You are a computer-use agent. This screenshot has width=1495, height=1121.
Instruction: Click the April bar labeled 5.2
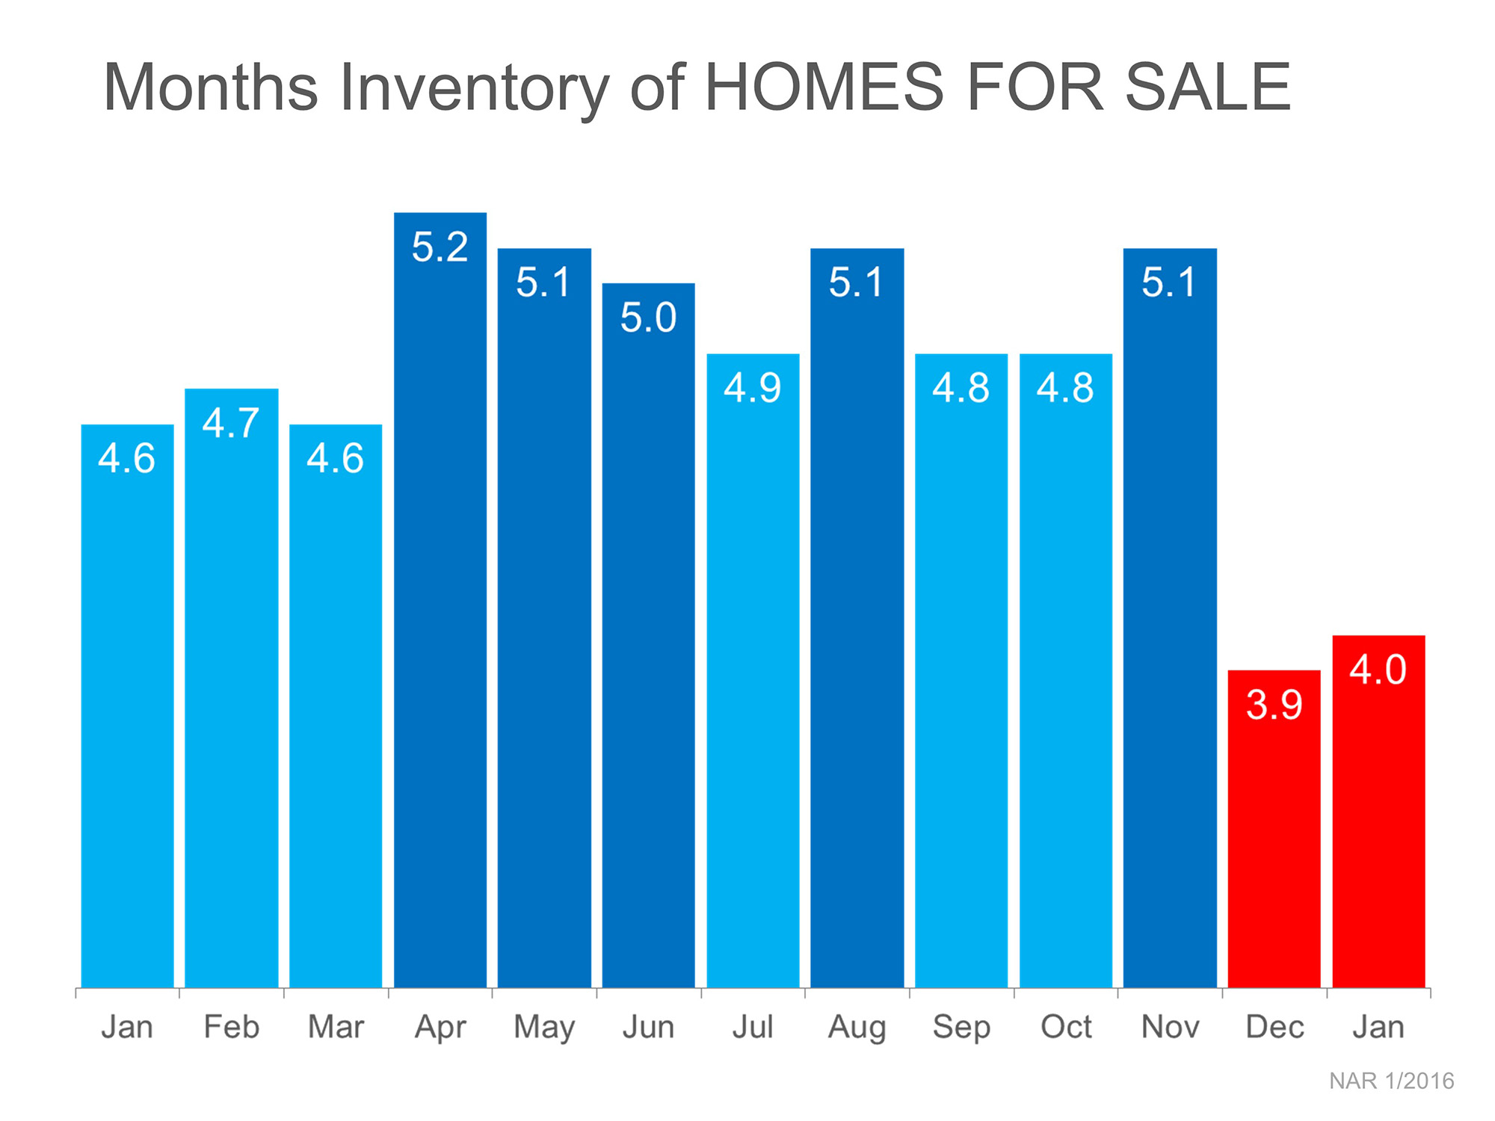coord(440,598)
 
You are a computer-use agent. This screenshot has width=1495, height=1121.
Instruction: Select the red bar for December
coord(1274,830)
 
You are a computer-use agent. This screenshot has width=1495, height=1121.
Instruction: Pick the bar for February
coord(232,688)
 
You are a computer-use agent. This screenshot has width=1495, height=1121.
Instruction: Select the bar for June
coord(648,635)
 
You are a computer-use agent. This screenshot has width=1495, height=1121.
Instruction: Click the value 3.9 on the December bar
coord(1274,705)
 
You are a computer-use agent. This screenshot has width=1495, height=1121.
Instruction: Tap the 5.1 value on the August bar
coord(857,282)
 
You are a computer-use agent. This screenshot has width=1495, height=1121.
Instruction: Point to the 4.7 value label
coord(231,423)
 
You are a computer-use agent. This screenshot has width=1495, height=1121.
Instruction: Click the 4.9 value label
coord(753,388)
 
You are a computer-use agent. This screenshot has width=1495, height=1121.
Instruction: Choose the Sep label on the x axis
coord(961,1028)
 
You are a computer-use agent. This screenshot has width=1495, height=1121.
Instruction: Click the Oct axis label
coord(1066,1028)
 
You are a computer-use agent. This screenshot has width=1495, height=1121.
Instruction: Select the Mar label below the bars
coord(336,1028)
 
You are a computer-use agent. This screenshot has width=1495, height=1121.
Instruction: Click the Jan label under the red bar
coord(1378,1028)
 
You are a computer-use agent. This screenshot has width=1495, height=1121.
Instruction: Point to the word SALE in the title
coord(1208,87)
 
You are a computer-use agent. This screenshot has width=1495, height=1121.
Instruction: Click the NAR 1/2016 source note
coord(1391,1081)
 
